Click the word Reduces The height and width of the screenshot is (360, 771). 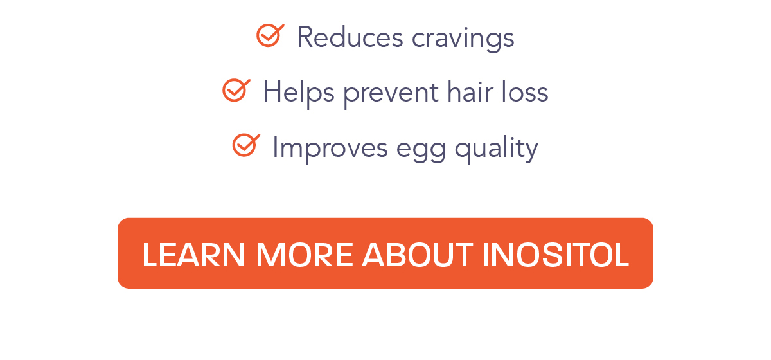tap(350, 37)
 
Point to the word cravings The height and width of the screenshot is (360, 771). tap(463, 40)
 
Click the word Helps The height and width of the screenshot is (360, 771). tap(299, 94)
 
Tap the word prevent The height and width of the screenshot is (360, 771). tap(391, 95)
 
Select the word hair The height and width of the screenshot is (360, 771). tap(470, 92)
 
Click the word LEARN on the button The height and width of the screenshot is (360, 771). tap(193, 255)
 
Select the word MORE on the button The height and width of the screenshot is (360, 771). tap(305, 255)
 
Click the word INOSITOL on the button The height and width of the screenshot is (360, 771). tap(556, 255)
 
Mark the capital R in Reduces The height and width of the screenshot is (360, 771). tap(306, 37)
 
